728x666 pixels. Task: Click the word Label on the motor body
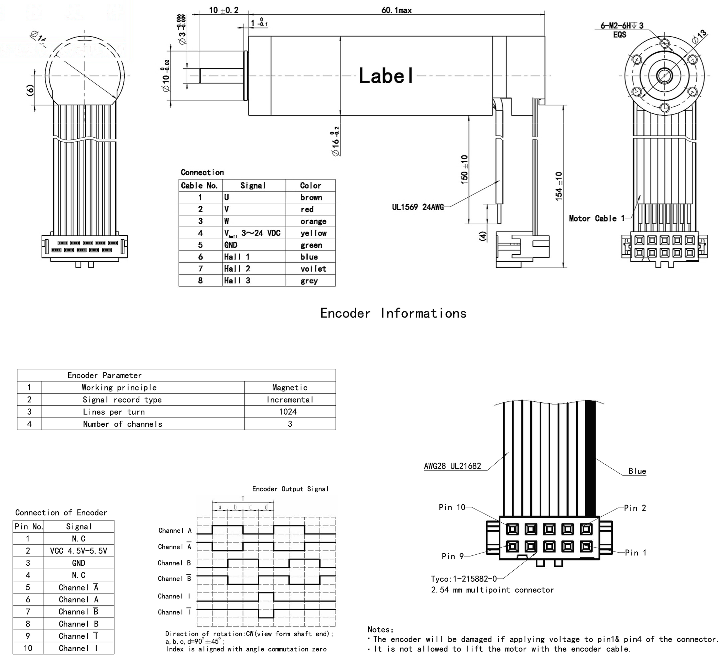[x=386, y=76]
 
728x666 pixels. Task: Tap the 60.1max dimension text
[x=396, y=10]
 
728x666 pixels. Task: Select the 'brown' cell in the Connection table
[x=311, y=198]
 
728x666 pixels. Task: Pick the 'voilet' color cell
[x=313, y=269]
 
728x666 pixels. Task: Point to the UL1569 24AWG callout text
[x=418, y=207]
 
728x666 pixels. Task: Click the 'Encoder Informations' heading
[x=393, y=313]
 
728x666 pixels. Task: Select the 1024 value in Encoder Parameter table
[x=288, y=412]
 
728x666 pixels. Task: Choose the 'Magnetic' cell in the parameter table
[x=290, y=388]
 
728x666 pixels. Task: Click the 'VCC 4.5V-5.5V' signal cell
[x=78, y=551]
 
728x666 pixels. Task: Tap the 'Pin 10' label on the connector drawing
[x=452, y=507]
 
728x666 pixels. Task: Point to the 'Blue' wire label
[x=637, y=471]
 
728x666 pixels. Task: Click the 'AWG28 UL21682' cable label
[x=453, y=466]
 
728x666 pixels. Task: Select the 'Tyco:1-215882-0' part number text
[x=464, y=579]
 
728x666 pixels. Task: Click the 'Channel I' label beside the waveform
[x=174, y=596]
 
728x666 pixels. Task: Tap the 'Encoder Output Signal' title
[x=290, y=489]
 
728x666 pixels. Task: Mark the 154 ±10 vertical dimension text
[x=559, y=186]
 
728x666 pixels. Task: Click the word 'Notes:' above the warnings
[x=381, y=629]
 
